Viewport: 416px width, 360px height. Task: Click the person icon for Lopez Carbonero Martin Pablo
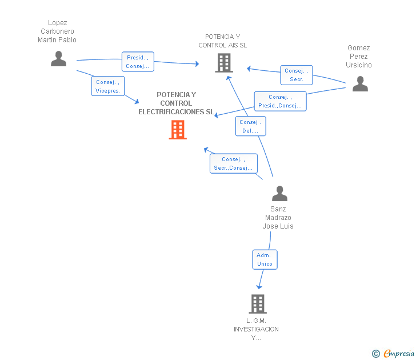(58, 59)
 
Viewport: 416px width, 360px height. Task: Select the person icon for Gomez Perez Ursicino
(360, 83)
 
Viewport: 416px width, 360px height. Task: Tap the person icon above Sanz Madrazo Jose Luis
(279, 193)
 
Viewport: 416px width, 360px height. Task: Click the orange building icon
(178, 130)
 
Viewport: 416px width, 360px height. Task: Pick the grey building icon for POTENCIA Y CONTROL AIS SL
(224, 63)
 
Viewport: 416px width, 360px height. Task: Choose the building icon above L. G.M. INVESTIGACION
(258, 304)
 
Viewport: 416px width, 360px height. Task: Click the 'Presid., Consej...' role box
(138, 62)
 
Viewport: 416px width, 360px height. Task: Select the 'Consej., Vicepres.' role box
(107, 86)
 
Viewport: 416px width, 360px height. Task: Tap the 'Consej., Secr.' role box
(297, 75)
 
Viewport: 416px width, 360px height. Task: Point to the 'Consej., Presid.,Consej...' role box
(280, 101)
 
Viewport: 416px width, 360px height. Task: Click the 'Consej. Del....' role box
(250, 126)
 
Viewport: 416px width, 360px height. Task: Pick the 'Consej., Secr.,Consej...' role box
(234, 163)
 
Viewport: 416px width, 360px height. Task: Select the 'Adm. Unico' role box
(265, 259)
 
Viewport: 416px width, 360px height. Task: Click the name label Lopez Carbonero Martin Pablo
(57, 31)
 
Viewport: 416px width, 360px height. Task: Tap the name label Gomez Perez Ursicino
(359, 57)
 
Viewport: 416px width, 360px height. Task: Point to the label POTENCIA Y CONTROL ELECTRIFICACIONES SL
(176, 103)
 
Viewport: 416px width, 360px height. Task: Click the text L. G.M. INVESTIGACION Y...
(256, 329)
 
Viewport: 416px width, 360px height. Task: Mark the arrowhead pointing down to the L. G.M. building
(259, 287)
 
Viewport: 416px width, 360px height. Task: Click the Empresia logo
(393, 353)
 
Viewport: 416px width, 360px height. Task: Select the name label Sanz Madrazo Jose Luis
(278, 218)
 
